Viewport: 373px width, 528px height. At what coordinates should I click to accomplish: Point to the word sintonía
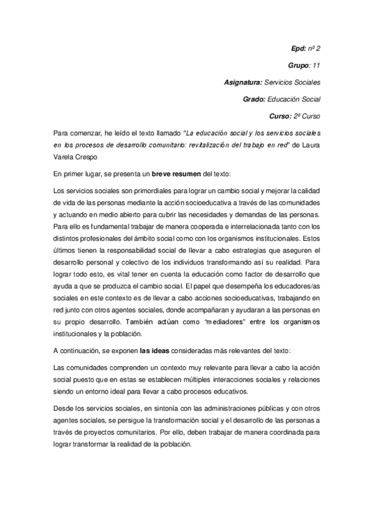tap(150, 408)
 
